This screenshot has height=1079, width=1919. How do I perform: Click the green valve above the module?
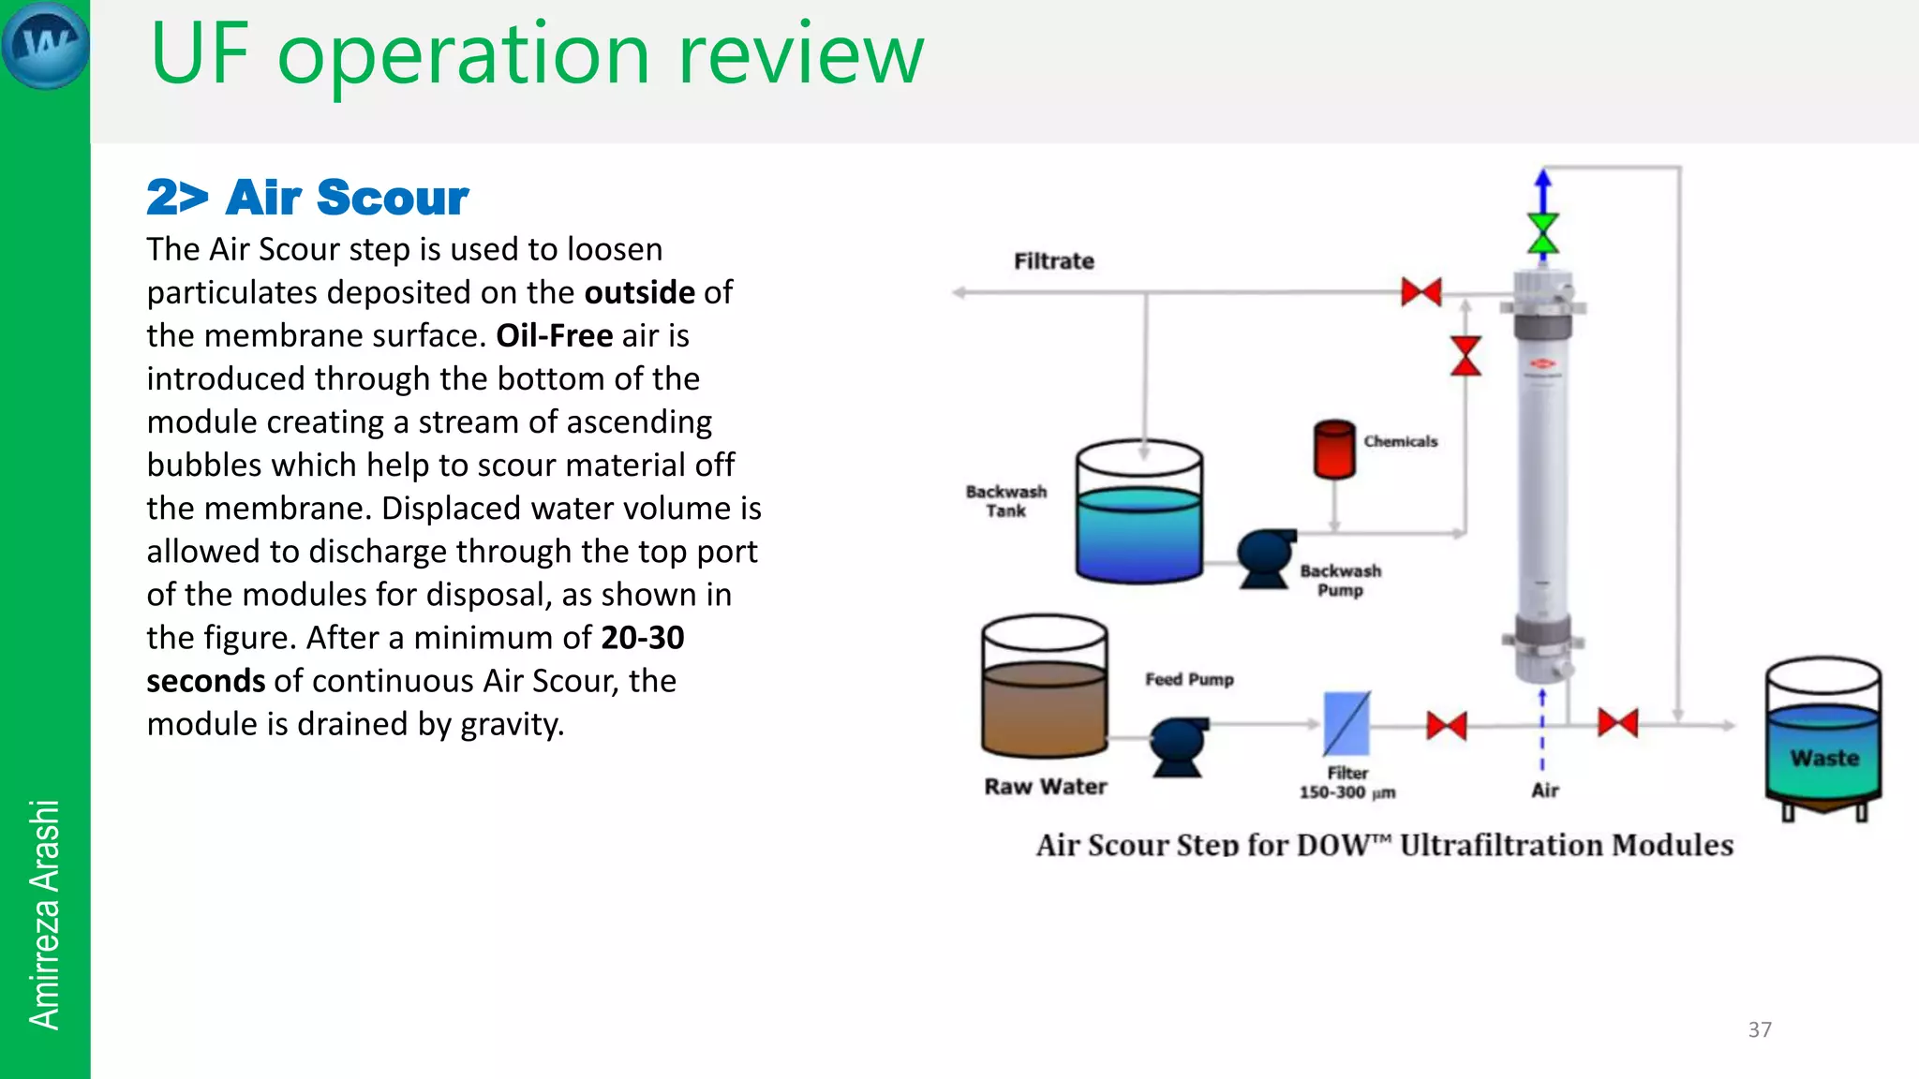click(1542, 233)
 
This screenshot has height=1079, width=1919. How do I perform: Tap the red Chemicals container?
click(1334, 450)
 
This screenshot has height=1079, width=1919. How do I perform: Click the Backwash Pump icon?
click(1265, 558)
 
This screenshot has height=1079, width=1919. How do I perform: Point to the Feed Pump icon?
click(1178, 746)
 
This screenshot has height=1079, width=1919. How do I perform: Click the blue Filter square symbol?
click(1346, 724)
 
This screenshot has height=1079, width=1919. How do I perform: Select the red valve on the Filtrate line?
click(1421, 292)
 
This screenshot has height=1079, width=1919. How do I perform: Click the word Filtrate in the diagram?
click(1053, 261)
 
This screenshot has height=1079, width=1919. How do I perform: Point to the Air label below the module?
click(1545, 791)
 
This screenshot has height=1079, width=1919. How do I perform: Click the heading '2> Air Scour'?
click(307, 198)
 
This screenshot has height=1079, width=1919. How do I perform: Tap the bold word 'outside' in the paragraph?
click(639, 292)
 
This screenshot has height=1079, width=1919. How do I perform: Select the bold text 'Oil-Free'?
click(554, 335)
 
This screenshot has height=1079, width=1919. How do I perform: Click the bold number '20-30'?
click(643, 638)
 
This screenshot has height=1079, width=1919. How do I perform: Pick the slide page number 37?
click(1760, 1029)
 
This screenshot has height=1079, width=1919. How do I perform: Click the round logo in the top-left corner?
click(45, 45)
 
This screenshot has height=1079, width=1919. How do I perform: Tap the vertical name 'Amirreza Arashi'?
click(44, 914)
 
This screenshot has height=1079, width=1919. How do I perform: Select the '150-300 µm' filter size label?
click(1346, 792)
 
